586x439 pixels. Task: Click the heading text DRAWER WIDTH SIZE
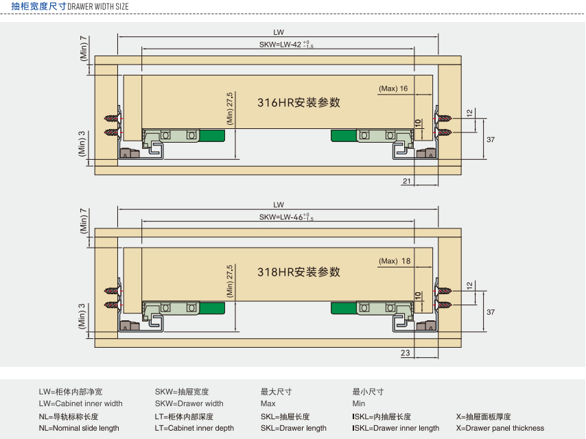97,6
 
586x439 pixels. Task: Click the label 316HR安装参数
298,103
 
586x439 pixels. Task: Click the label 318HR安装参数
298,272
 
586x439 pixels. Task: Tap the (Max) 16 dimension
393,88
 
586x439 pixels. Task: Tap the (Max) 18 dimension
394,261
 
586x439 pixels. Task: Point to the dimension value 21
406,180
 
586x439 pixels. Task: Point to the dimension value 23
406,353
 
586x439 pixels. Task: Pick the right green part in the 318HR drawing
343,308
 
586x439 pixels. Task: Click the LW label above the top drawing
279,32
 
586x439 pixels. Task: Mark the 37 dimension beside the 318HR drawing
491,311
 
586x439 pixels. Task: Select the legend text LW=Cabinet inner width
80,403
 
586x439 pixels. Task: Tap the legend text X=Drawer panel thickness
500,428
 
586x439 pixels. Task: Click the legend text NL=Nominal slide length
79,428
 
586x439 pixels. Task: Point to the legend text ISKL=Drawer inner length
395,428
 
